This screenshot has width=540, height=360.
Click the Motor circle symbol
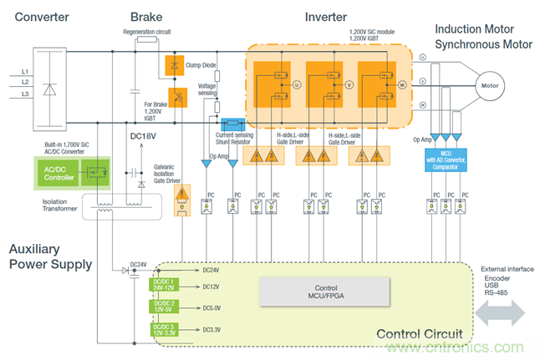487,86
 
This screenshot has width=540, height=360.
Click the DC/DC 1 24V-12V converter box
163,286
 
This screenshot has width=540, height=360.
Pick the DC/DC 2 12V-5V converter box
163,308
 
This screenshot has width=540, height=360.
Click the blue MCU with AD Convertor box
449,156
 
